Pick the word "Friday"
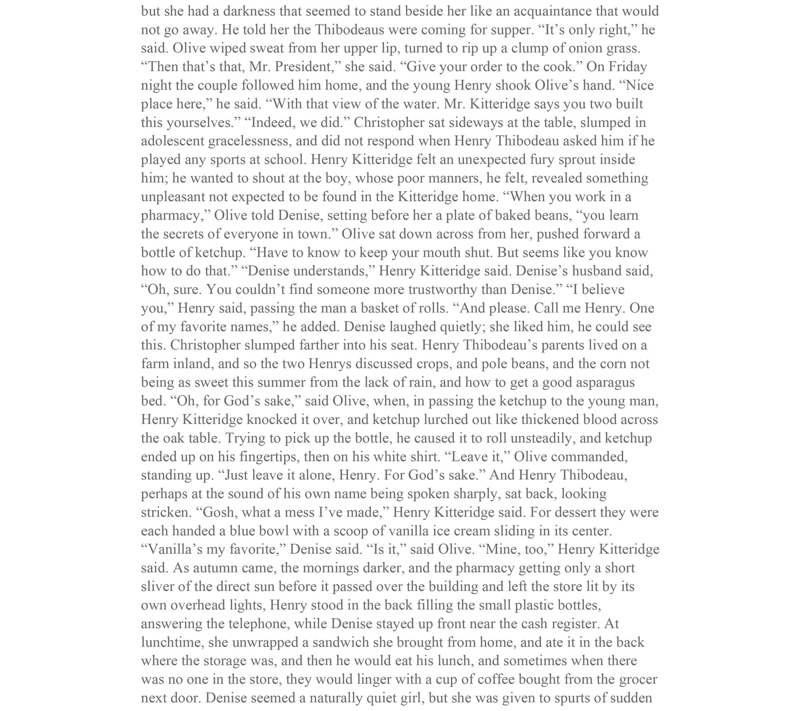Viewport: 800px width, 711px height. click(628, 66)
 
